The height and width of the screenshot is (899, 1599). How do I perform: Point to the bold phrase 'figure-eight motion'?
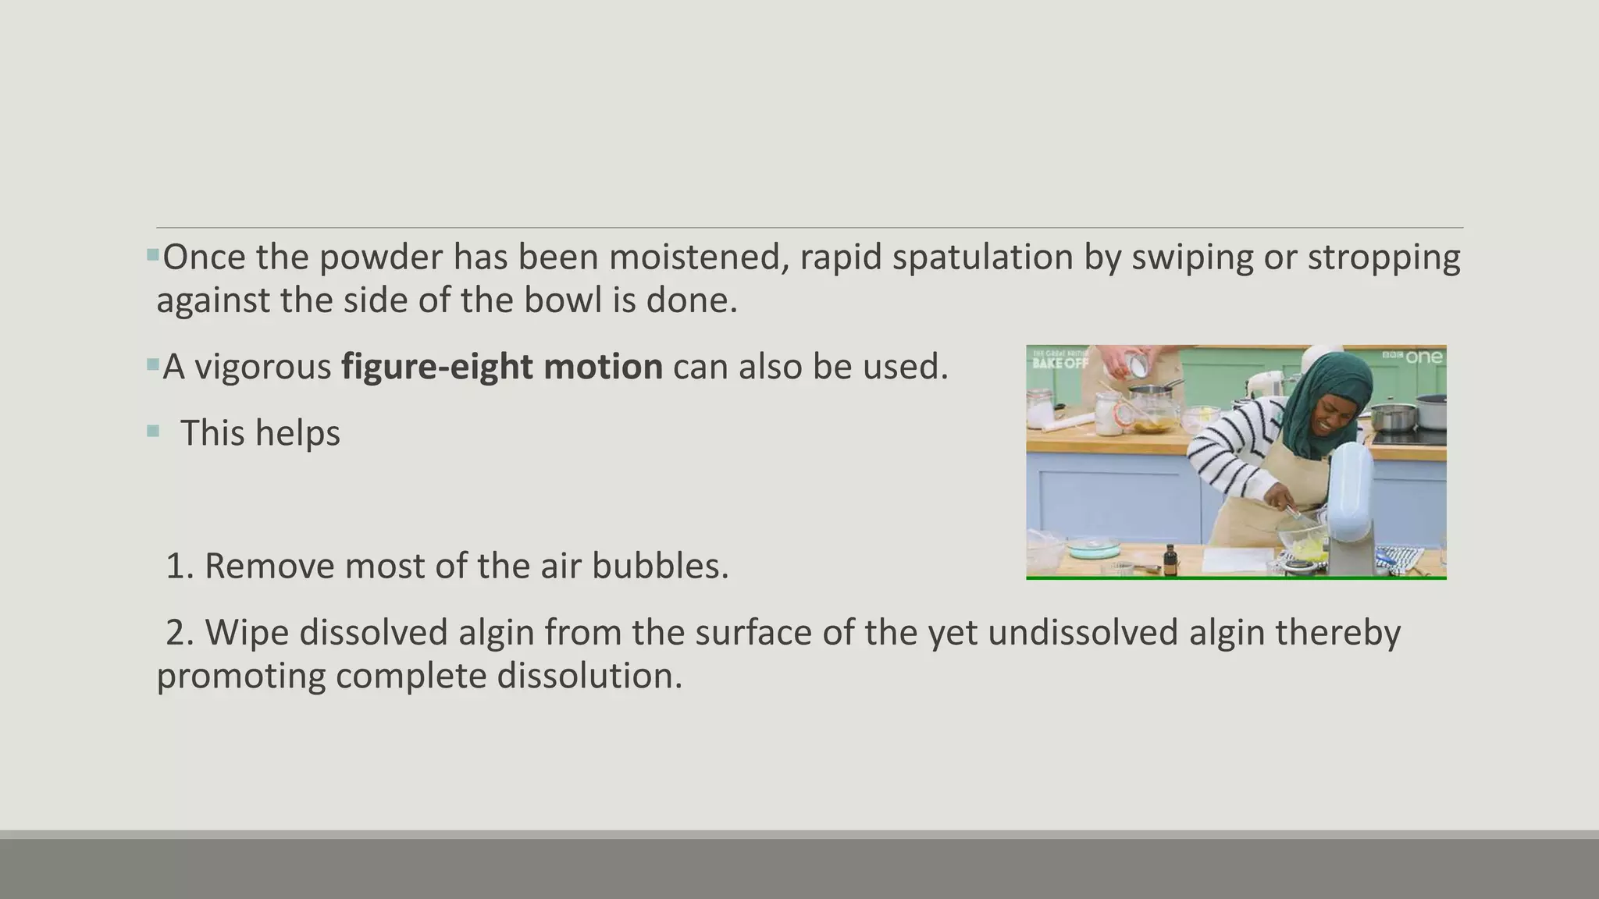502,366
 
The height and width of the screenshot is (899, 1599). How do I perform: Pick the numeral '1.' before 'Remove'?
180,566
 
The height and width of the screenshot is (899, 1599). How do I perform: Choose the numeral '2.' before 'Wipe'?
180,632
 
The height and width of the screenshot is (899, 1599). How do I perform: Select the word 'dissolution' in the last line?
589,675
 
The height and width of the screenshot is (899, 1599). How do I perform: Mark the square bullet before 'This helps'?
153,431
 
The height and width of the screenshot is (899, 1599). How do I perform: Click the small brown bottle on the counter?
1170,560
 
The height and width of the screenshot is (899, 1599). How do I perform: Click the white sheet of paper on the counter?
1237,559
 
